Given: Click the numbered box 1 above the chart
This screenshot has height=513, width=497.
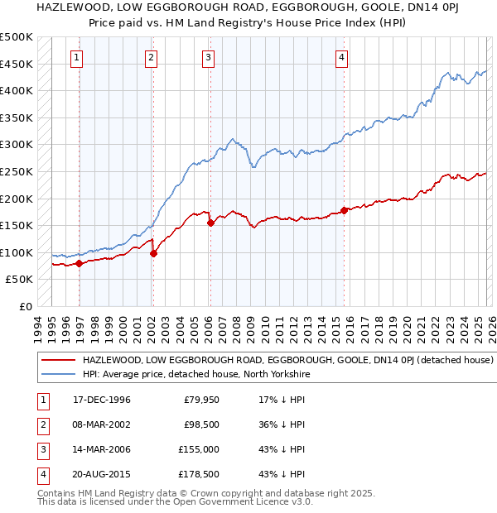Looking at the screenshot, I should click(77, 58).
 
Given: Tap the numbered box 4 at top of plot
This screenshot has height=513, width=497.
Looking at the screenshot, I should click(341, 58).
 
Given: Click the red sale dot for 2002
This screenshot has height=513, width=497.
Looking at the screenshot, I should click(153, 253).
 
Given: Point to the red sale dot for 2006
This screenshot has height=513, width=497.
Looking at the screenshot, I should click(210, 223).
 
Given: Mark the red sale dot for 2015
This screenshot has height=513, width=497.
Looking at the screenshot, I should click(344, 210).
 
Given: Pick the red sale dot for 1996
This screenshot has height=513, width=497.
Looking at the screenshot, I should click(80, 263).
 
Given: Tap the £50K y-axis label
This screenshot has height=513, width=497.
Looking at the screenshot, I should click(19, 280).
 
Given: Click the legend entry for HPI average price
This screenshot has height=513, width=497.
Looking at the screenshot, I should click(195, 374).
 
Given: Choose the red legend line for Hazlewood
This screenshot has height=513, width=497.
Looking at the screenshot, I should click(58, 361).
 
